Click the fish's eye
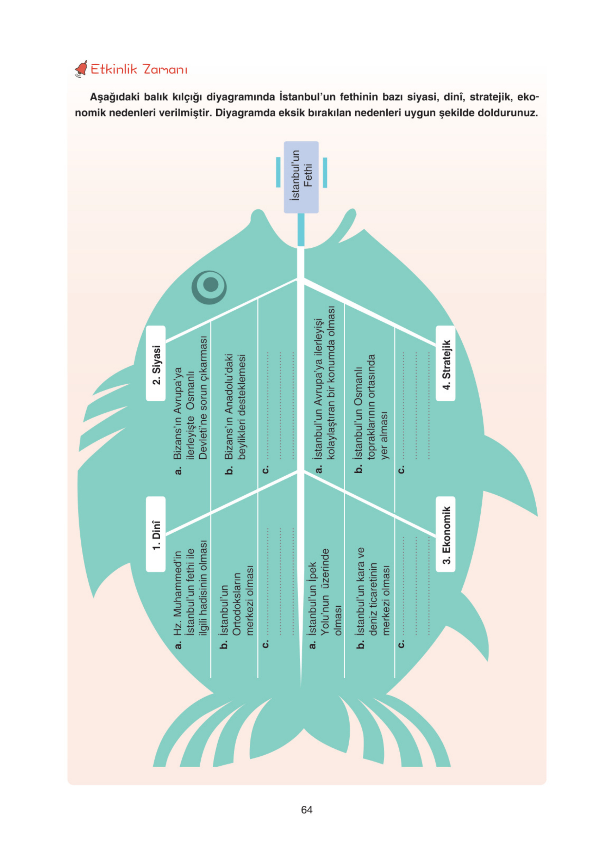(209, 286)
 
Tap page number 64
(306, 810)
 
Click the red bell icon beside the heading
(81, 69)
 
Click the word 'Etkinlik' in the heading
(114, 69)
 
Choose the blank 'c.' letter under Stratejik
(401, 469)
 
